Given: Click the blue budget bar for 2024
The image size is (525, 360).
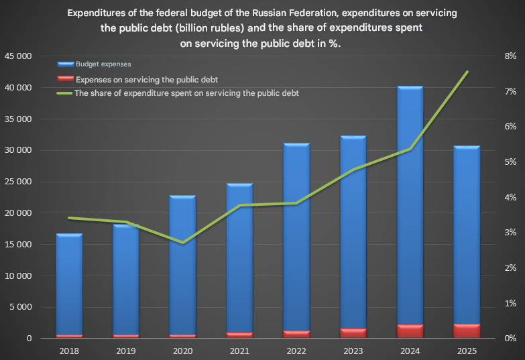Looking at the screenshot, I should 410,201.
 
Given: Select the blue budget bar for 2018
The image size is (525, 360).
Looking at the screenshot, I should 69,282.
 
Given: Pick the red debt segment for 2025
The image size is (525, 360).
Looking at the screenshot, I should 467,331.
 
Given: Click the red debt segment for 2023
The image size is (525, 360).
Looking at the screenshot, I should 353,333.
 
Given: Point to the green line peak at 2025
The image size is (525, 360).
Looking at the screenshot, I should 467,72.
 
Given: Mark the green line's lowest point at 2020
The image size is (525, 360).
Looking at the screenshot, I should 182,242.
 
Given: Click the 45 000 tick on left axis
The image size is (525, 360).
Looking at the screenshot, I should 18,56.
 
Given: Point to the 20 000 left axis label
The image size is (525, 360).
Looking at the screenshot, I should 18,213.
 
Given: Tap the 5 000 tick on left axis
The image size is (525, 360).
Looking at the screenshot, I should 21,307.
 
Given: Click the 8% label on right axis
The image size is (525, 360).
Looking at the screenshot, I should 510,56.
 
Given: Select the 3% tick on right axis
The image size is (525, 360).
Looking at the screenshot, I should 510,233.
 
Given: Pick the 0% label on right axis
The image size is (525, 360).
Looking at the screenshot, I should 510,339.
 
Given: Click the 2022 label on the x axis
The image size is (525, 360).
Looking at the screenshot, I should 296,351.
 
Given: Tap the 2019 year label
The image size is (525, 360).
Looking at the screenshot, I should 125,351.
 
